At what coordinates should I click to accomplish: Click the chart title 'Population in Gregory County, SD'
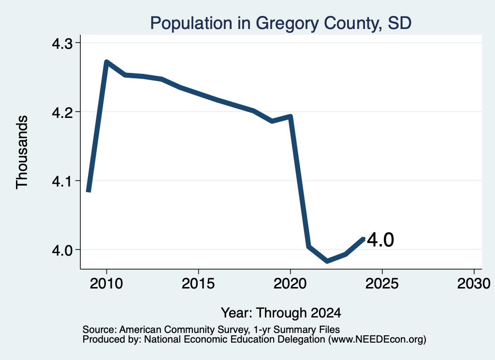click(281, 23)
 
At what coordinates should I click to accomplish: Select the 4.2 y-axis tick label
click(62, 112)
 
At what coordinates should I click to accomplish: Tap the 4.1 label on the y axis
click(62, 181)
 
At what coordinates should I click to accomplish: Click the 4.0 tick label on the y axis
click(62, 250)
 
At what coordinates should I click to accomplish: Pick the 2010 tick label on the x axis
click(106, 283)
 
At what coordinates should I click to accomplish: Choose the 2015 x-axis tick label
click(198, 283)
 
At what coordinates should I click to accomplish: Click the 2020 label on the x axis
click(290, 283)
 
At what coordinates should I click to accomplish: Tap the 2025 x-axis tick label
click(382, 283)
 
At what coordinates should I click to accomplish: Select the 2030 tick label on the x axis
click(474, 283)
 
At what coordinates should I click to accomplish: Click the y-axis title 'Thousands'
click(22, 152)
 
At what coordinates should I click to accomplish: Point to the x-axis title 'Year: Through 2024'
click(281, 313)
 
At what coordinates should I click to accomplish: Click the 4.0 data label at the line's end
click(380, 240)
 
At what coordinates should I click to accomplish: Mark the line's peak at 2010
click(106, 61)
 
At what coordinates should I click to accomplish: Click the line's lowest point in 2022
click(327, 261)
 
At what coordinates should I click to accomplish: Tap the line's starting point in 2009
click(89, 191)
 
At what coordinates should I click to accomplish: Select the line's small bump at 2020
click(290, 116)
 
